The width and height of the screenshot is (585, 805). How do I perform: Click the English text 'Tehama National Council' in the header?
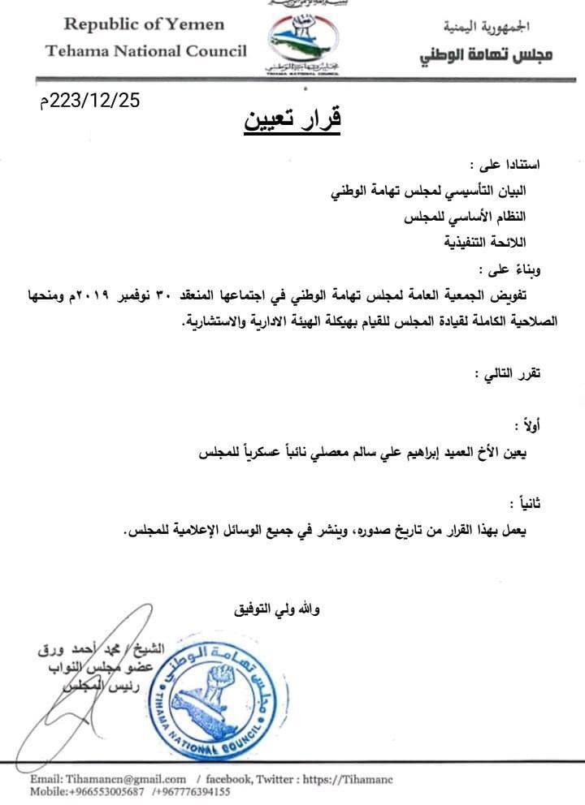[x=146, y=51]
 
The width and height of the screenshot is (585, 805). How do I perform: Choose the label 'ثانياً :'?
[x=525, y=503]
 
